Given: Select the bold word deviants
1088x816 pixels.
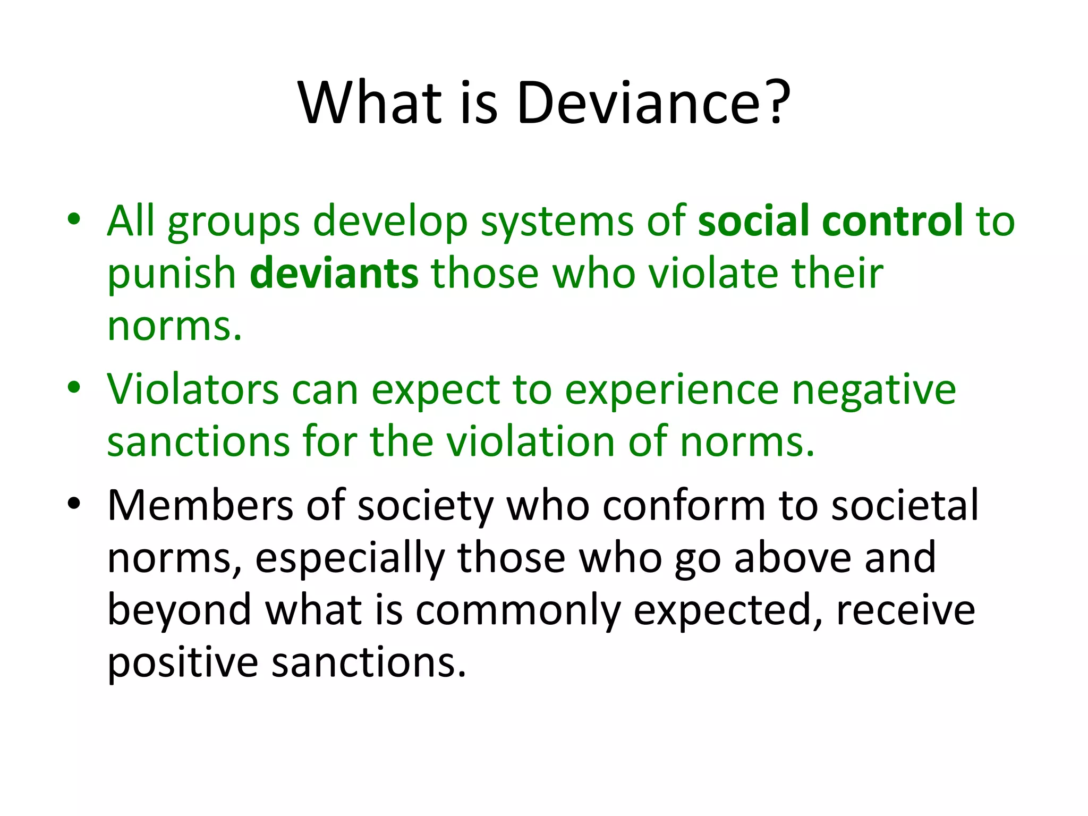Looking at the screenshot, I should tap(334, 274).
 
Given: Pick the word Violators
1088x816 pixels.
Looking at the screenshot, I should tap(192, 389).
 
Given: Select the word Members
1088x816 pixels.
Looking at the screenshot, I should tap(200, 505).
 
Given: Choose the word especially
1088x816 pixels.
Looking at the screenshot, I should tap(350, 559).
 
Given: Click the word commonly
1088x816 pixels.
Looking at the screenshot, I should tap(517, 611).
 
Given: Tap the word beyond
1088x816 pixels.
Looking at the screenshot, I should tap(179, 611).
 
